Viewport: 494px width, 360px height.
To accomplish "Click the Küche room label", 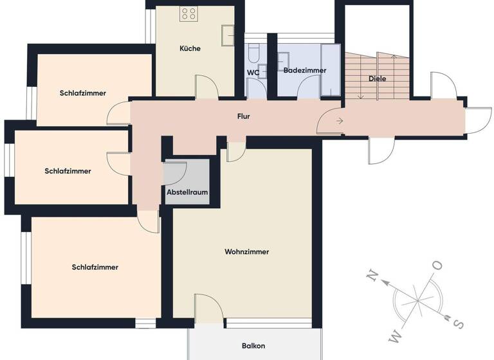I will point(190,48).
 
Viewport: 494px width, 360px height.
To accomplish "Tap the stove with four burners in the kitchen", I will point(188,13).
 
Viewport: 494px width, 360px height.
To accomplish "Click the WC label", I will point(253,72).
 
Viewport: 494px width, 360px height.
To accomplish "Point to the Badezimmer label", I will point(304,70).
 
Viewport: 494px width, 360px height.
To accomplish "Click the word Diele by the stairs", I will point(378,78).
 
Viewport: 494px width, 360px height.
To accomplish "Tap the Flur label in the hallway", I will point(243,116).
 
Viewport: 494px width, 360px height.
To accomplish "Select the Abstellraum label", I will point(187,192).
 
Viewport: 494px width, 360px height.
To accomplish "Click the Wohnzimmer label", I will point(247,251).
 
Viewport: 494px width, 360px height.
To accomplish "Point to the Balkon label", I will point(253,346).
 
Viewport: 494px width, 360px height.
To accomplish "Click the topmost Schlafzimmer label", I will point(83,93).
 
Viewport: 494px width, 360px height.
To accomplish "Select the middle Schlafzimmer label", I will point(68,171).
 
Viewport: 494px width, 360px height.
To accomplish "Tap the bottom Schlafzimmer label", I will point(95,267).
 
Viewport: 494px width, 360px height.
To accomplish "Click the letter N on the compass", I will point(372,276).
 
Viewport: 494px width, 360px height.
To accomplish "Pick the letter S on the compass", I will point(459,323).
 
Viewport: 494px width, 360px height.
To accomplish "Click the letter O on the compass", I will point(437,265).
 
